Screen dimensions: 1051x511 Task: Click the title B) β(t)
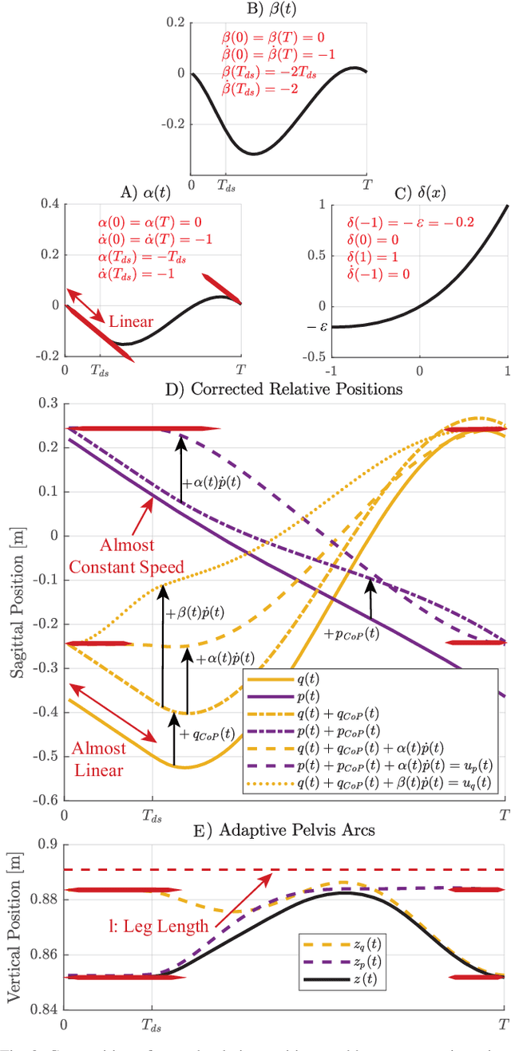click(279, 10)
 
